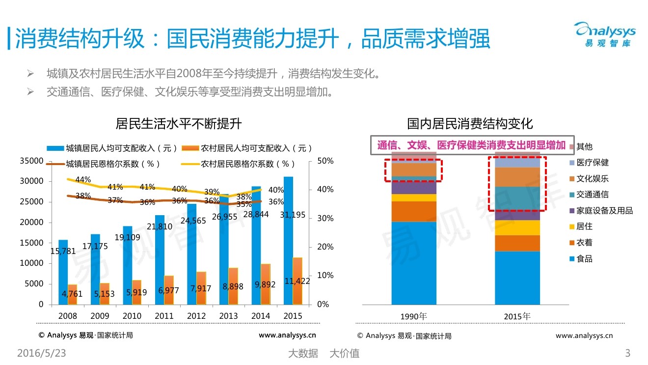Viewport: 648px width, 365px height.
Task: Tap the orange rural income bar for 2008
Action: pyautogui.click(x=72, y=294)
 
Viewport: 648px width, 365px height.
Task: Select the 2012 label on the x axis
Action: pyautogui.click(x=196, y=316)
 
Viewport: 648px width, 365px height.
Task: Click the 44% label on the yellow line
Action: pyautogui.click(x=83, y=180)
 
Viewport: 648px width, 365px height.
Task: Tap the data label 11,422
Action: pyautogui.click(x=297, y=281)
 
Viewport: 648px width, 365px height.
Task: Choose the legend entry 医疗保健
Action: pyautogui.click(x=592, y=163)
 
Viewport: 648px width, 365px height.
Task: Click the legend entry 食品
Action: pyautogui.click(x=584, y=259)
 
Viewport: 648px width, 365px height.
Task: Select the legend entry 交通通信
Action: pyautogui.click(x=592, y=195)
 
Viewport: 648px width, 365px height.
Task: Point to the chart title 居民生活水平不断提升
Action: pyautogui.click(x=179, y=123)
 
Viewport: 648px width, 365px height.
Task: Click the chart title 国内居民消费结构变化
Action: pyautogui.click(x=470, y=123)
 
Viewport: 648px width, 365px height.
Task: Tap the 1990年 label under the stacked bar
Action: pyautogui.click(x=414, y=316)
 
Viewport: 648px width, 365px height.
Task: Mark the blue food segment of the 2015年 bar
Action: pyautogui.click(x=517, y=278)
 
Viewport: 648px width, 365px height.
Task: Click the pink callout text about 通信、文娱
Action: pyautogui.click(x=471, y=145)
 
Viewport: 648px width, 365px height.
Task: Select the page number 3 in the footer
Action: pyautogui.click(x=627, y=353)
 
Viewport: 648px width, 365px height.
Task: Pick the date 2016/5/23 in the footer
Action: pyautogui.click(x=41, y=353)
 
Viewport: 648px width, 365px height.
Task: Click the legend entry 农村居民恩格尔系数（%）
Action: pyautogui.click(x=248, y=164)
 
